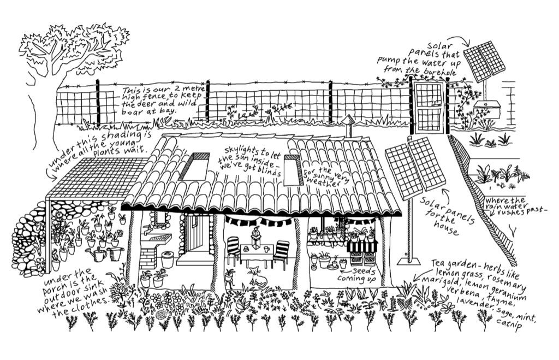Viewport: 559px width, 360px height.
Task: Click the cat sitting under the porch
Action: (256, 278)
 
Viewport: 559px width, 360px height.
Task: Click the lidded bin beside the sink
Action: (168, 258)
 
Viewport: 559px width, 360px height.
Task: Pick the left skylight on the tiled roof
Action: (194, 167)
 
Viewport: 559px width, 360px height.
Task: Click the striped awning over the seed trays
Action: (362, 246)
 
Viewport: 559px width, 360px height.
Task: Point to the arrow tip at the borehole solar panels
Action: (468, 47)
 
